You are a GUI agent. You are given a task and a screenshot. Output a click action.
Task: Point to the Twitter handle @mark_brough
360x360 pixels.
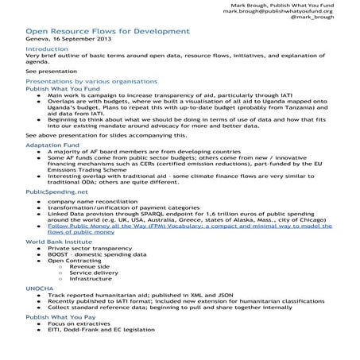pyautogui.click(x=335, y=19)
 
